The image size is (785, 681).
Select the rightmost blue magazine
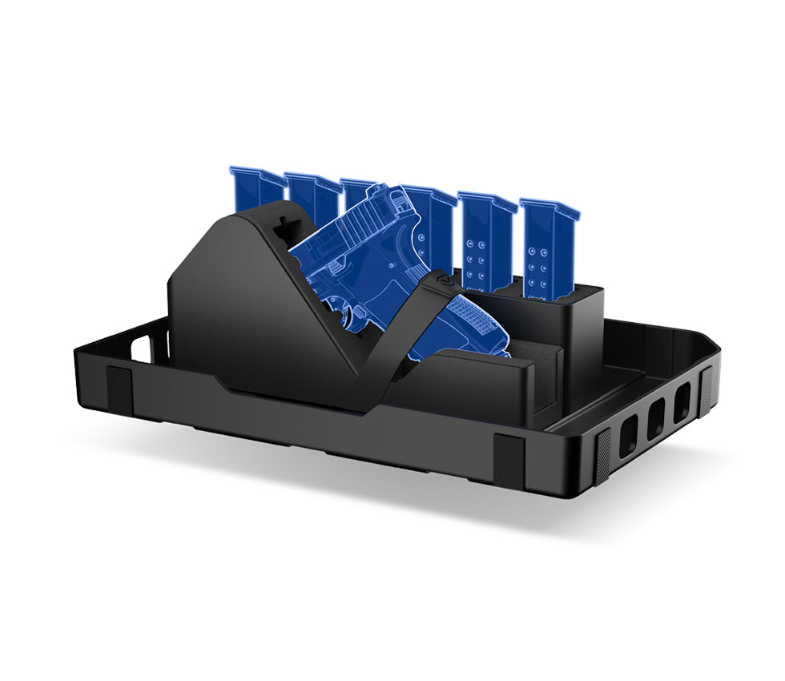548,240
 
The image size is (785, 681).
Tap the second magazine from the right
485,236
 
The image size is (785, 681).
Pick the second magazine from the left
313,197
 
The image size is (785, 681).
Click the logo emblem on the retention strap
445,282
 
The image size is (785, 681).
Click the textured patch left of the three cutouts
602,452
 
